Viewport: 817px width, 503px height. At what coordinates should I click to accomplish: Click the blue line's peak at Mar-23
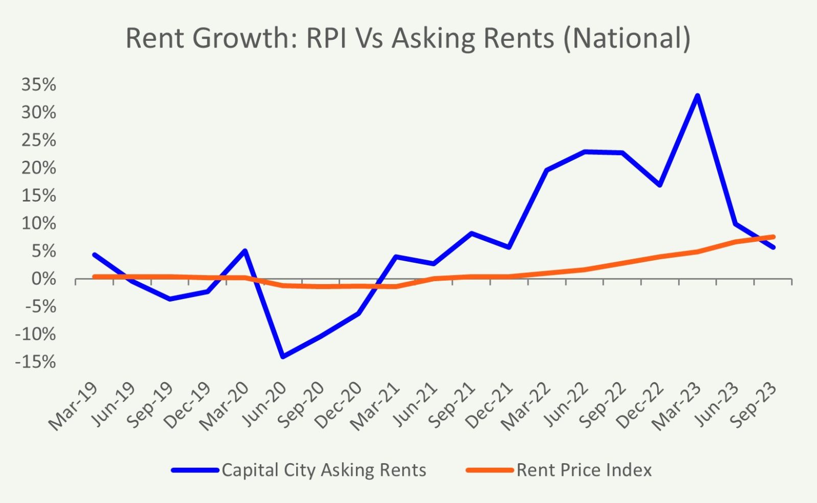pos(697,95)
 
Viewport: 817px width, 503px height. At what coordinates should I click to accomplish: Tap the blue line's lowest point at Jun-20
pos(283,356)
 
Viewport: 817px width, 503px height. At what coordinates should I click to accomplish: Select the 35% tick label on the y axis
pos(38,85)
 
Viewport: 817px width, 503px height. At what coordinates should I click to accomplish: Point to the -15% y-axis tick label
pos(36,362)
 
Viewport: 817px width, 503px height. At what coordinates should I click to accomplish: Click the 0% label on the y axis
pos(43,279)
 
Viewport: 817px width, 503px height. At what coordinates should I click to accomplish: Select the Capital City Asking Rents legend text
pos(324,470)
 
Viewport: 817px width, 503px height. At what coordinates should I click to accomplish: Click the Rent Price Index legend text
pos(584,470)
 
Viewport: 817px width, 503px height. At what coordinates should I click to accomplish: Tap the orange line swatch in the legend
pos(489,470)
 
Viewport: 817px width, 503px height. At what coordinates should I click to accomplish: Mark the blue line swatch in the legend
pos(195,470)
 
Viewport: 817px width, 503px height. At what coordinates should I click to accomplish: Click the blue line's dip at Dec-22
pos(660,185)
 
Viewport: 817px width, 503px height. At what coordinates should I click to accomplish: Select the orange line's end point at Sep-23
pos(773,237)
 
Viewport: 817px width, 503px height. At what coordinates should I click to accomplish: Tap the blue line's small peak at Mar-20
pos(245,250)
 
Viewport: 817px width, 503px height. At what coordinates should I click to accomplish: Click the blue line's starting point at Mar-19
pos(94,255)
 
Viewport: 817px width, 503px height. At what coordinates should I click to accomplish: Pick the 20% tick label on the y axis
pos(38,168)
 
